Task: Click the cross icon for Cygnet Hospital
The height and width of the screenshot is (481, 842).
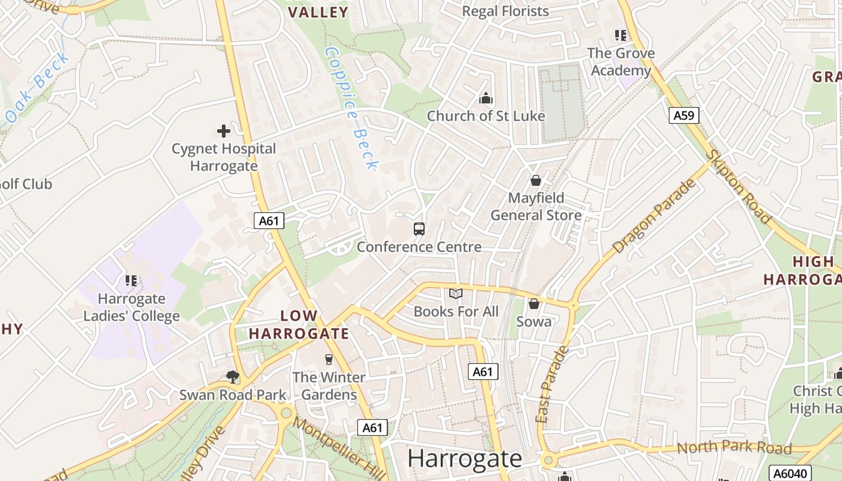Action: point(224,130)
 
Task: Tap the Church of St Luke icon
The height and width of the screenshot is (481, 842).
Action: point(485,98)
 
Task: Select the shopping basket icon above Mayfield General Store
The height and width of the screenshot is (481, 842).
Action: point(536,180)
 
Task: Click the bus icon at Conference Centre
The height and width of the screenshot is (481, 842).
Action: point(419,228)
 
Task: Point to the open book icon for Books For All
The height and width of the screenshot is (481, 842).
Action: point(456,293)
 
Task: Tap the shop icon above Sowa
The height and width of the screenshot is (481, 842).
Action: point(533,304)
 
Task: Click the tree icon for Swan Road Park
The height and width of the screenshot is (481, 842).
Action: point(233,377)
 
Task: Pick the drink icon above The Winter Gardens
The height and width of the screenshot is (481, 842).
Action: point(328,360)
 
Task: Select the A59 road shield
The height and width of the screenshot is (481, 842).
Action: point(684,115)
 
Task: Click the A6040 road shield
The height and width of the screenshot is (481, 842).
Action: point(790,473)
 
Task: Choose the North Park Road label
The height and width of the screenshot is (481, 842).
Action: point(734,447)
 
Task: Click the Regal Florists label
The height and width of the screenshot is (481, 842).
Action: point(505,11)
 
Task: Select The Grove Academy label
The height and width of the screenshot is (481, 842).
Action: point(621,62)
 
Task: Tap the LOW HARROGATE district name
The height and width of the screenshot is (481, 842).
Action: point(299,325)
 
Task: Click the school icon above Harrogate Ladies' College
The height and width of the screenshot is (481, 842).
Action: point(131,280)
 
